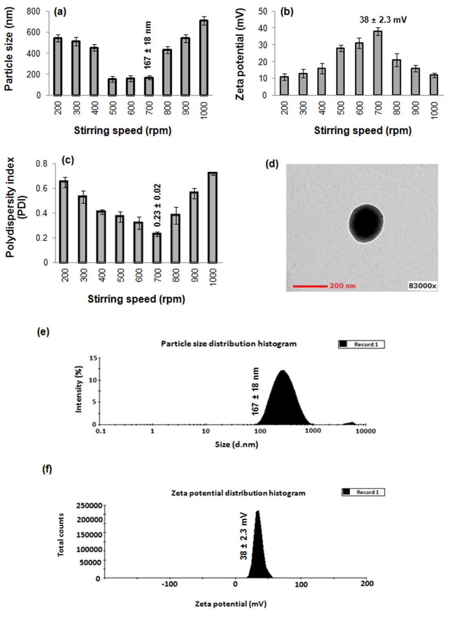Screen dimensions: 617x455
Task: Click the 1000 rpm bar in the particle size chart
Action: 203,58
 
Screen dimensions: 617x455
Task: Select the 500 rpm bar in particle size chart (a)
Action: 112,87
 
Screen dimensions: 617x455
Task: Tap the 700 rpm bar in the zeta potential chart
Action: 378,63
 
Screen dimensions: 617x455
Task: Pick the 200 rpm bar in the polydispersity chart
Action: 64,222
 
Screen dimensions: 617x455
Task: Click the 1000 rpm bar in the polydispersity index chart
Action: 212,218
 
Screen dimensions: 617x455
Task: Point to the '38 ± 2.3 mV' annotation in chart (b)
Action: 383,20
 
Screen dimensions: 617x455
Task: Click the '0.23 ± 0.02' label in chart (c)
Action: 157,205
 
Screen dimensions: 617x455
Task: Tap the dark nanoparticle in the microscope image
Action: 366,223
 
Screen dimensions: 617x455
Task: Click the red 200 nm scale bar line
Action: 310,286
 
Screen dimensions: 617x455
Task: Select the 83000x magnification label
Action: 422,286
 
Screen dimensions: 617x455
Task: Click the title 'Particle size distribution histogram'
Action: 229,344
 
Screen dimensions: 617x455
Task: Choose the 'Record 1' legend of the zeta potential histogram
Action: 363,492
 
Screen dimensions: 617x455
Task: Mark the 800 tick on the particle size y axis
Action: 33,11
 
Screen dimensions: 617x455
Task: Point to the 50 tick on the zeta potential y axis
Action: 263,11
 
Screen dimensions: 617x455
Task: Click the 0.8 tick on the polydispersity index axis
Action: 42,164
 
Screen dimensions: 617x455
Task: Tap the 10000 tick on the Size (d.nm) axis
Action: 365,431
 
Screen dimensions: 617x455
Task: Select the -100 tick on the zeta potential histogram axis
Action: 170,584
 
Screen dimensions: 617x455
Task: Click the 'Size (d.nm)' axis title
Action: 236,444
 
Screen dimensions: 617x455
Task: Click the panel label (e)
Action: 43,332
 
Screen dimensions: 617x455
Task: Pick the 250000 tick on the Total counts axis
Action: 89,506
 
